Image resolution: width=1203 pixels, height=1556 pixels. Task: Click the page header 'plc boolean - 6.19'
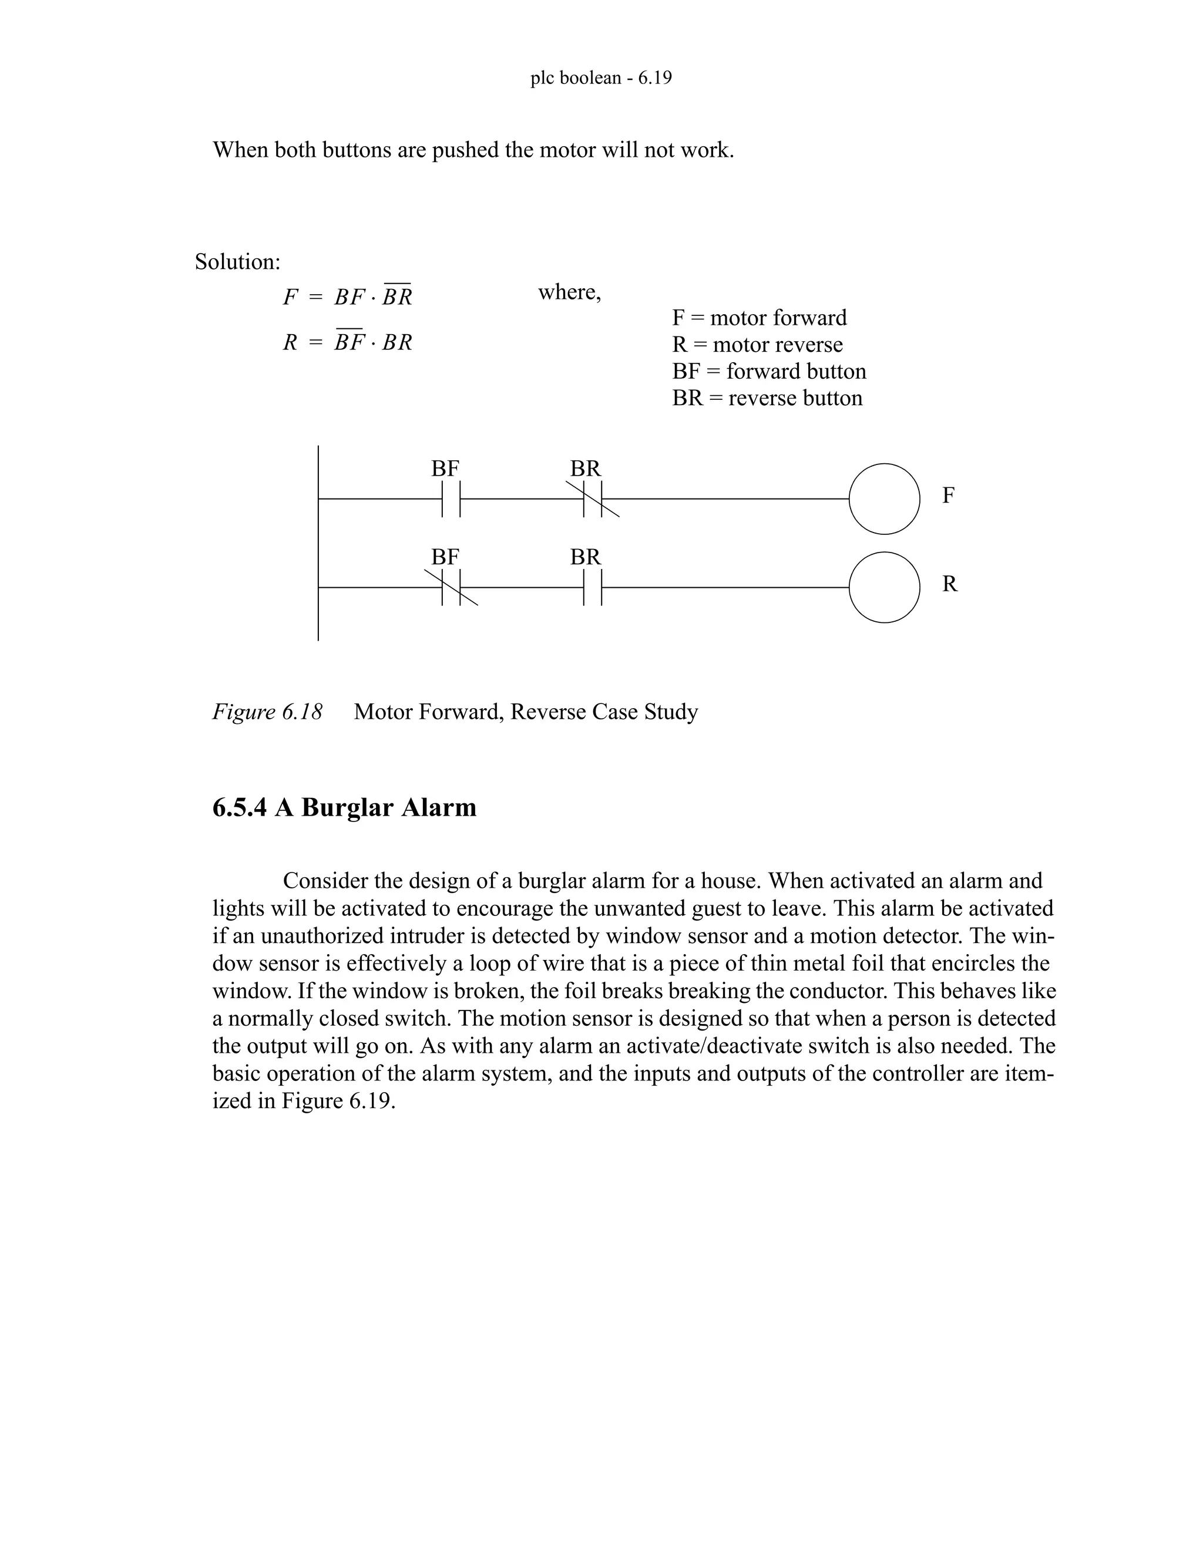click(x=601, y=78)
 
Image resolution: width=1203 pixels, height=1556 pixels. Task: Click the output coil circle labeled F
click(x=883, y=499)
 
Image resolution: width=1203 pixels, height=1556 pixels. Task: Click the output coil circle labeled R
click(x=883, y=587)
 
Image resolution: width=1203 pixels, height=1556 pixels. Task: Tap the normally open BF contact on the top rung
click(x=451, y=499)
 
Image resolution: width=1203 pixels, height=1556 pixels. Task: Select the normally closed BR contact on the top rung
click(x=592, y=499)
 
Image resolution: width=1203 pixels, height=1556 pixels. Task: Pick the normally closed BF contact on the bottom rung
click(x=451, y=587)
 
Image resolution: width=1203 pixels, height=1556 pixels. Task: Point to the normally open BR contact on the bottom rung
click(x=592, y=587)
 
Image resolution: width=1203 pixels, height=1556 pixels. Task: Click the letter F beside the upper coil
click(x=948, y=495)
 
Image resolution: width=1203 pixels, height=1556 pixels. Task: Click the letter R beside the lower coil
click(x=949, y=584)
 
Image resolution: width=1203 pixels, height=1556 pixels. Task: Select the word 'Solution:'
click(x=238, y=262)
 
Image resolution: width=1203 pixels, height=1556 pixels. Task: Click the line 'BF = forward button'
click(x=769, y=371)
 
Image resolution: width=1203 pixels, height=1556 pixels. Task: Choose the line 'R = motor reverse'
click(x=757, y=345)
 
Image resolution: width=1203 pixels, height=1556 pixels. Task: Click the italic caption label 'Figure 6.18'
click(x=267, y=712)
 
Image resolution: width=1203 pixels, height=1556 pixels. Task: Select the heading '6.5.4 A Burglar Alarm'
click(x=344, y=807)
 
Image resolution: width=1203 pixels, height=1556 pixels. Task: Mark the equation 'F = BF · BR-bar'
click(x=348, y=297)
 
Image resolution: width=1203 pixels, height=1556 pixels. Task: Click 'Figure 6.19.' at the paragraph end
click(x=338, y=1101)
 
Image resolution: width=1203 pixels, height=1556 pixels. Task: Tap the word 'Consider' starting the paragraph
click(x=325, y=881)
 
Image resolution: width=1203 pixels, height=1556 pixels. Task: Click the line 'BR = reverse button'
click(x=767, y=398)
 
